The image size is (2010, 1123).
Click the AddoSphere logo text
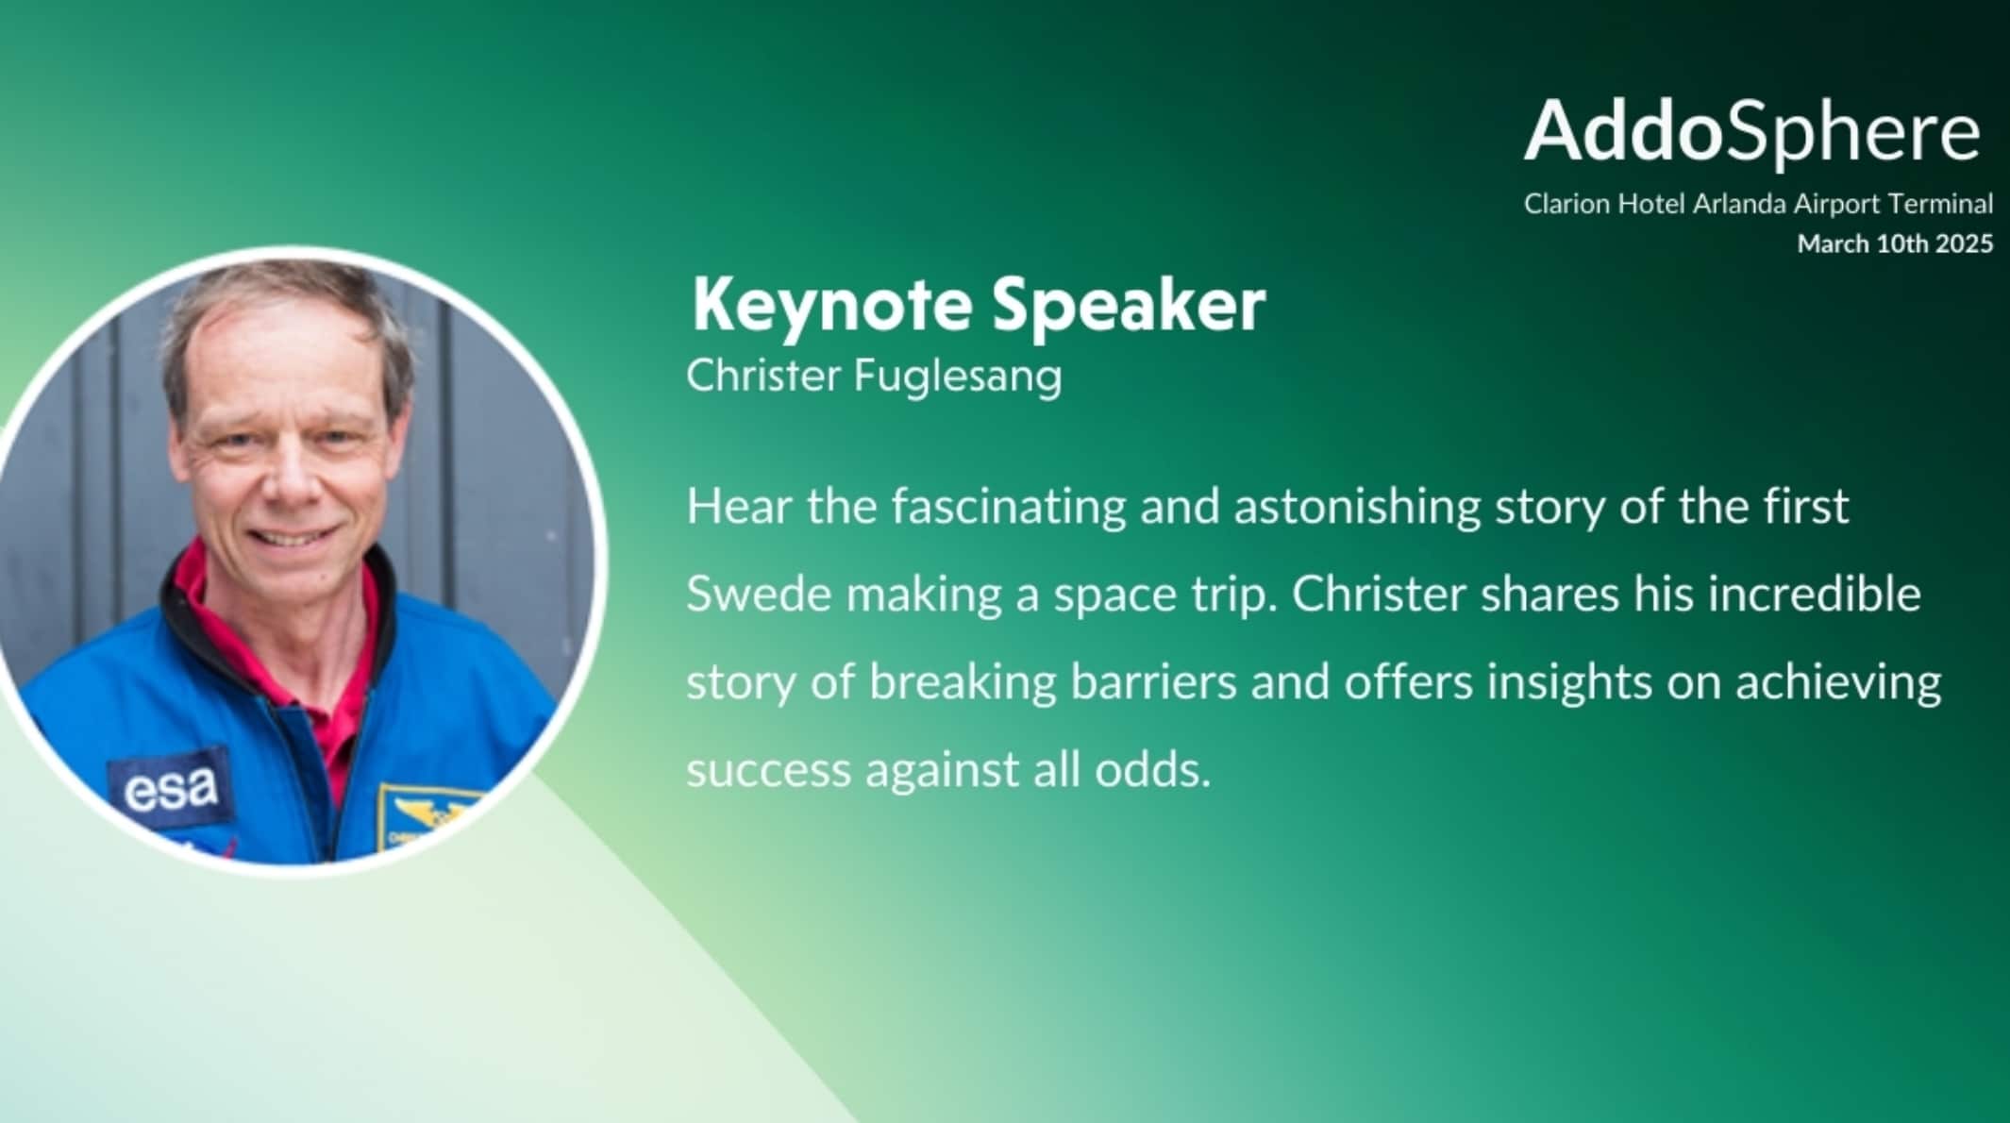(x=1752, y=131)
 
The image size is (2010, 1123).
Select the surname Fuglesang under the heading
(x=958, y=377)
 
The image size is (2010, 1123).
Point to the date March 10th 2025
(x=1895, y=243)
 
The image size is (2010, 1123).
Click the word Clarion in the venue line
(x=1566, y=203)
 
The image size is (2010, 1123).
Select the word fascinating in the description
(x=1009, y=508)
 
